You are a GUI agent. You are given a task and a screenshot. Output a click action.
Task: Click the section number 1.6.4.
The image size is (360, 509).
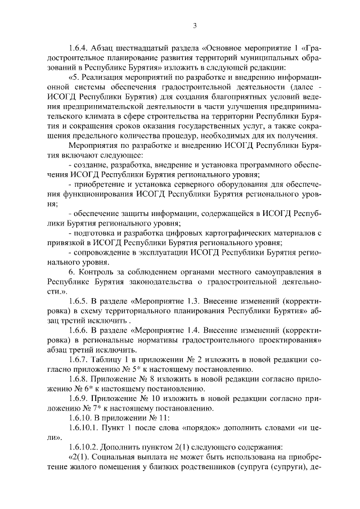point(78,48)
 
